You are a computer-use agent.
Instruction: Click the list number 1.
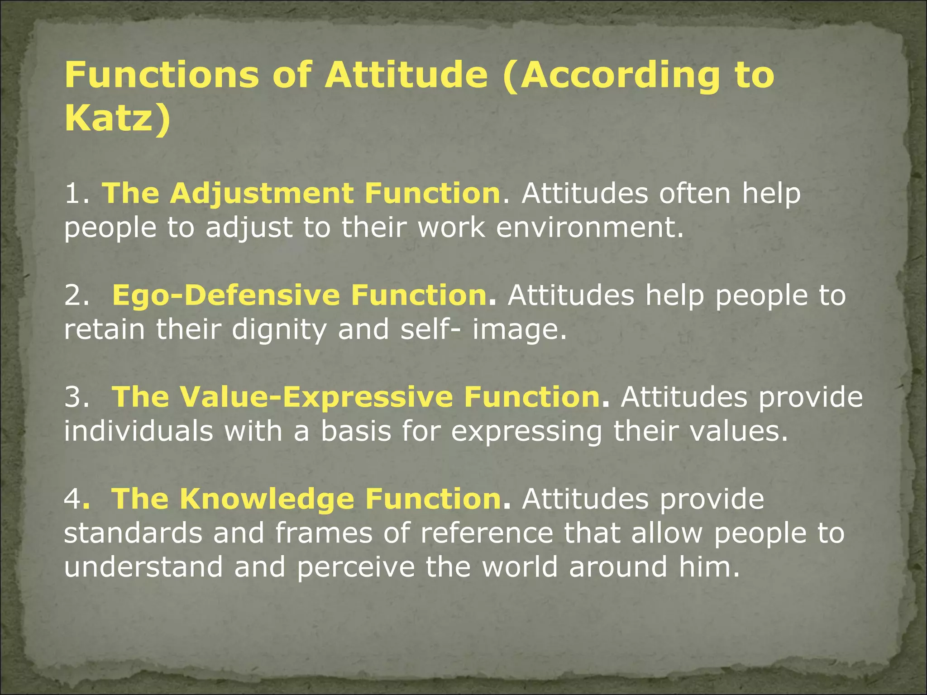[75, 194]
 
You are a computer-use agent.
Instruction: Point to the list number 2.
[75, 295]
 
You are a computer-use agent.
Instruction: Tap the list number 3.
[75, 397]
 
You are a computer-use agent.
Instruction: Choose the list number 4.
[72, 499]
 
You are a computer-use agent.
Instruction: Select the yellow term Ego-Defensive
[226, 295]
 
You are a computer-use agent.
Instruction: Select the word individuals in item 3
[138, 431]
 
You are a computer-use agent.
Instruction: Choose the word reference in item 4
[487, 533]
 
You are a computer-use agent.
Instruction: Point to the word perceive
[356, 567]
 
